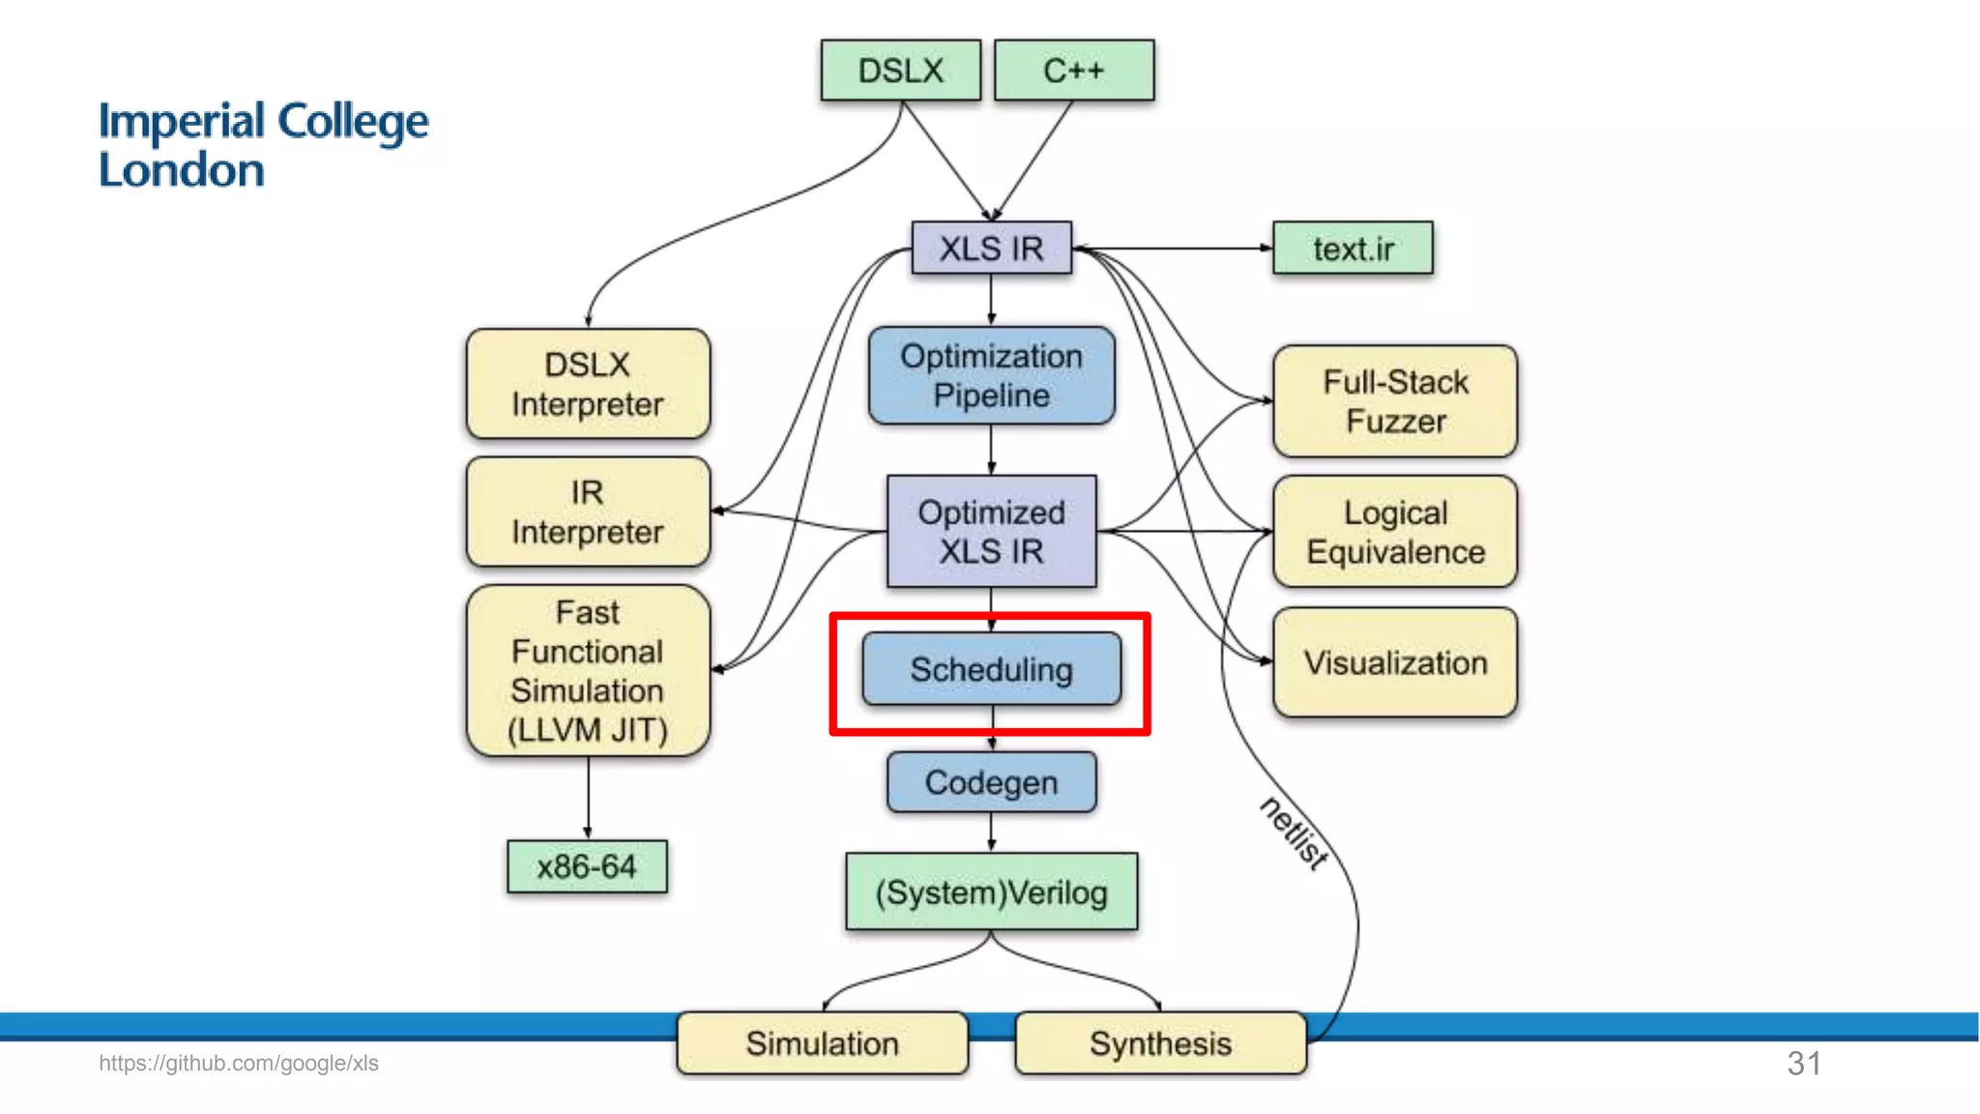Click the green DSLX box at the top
click(x=900, y=71)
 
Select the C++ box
click(x=1073, y=71)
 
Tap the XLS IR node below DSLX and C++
click(x=991, y=249)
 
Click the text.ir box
click(x=1353, y=249)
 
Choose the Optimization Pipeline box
click(x=991, y=375)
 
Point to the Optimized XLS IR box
click(x=991, y=531)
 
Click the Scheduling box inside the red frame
click(x=991, y=669)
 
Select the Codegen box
click(x=991, y=782)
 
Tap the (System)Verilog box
click(x=991, y=892)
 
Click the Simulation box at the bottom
click(x=822, y=1043)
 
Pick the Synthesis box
click(x=1160, y=1043)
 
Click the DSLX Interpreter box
click(x=588, y=384)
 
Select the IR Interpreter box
click(x=588, y=512)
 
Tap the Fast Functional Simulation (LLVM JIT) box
click(x=588, y=670)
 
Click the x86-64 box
click(x=587, y=866)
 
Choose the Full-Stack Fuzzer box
click(x=1395, y=401)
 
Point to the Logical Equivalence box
click(x=1395, y=532)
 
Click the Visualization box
click(x=1395, y=662)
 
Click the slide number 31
click(x=1804, y=1064)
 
